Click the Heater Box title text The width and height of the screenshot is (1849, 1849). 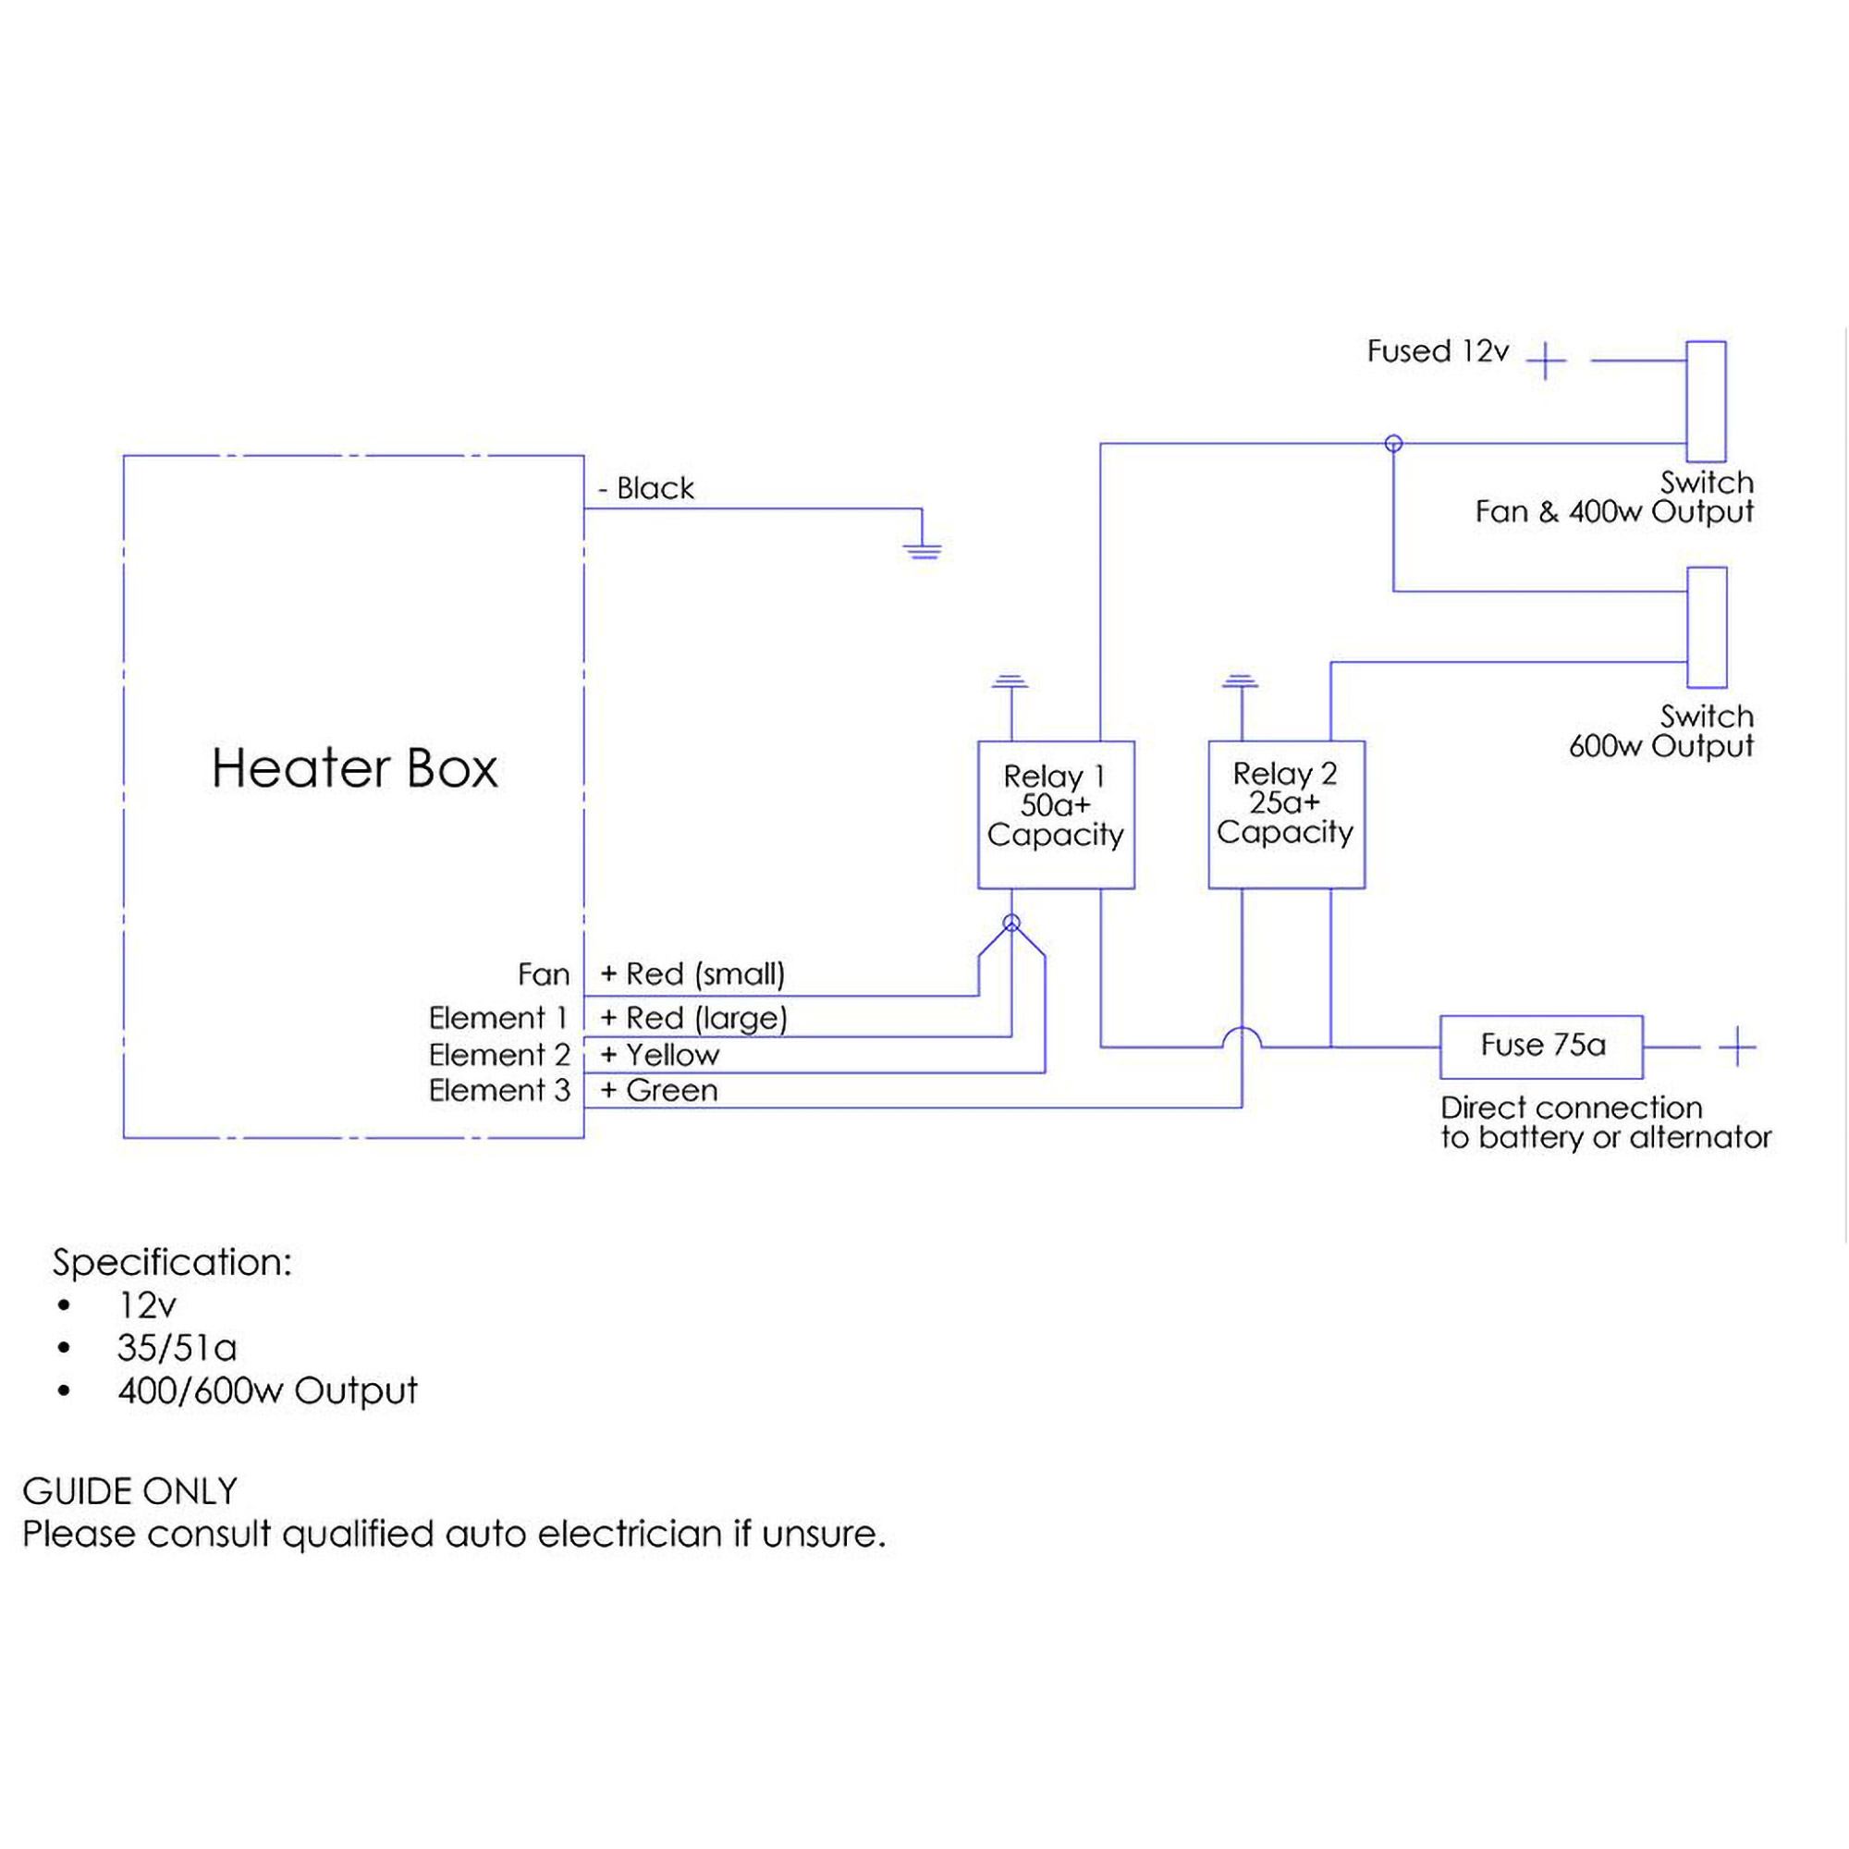(x=354, y=768)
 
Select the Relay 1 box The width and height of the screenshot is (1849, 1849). (x=1056, y=814)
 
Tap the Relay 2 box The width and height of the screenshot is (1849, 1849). (x=1286, y=814)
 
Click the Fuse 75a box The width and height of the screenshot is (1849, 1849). (x=1541, y=1046)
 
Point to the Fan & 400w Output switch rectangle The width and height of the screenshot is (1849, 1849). (x=1706, y=401)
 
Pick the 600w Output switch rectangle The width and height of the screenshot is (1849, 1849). (x=1707, y=628)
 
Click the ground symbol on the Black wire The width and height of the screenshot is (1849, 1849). (x=922, y=549)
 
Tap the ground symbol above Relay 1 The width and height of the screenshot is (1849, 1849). (x=1010, y=682)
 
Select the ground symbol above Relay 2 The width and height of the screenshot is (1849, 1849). (x=1241, y=682)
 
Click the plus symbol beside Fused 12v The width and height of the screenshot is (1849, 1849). (x=1546, y=361)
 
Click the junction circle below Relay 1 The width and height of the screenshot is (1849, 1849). (x=1011, y=924)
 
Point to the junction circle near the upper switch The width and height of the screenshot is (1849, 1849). (x=1393, y=443)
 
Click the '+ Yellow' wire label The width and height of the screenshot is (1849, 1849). (x=659, y=1055)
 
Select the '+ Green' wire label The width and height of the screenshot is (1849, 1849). (x=658, y=1090)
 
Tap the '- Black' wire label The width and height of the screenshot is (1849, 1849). (x=646, y=488)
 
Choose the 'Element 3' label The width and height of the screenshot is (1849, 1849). (x=498, y=1090)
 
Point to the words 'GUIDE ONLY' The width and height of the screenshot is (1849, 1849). (x=129, y=1491)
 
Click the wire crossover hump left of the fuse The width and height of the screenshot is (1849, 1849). (x=1242, y=1037)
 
